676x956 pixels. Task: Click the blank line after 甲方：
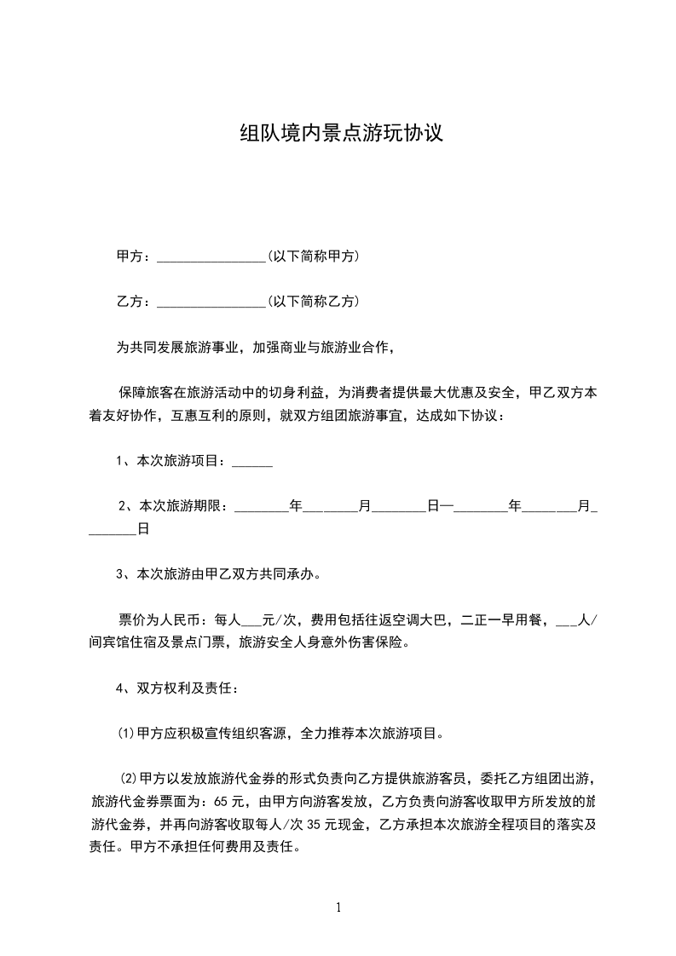coord(212,256)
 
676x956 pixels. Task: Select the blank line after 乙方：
coord(212,302)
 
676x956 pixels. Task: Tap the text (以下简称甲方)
coord(313,256)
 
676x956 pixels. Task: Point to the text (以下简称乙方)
coord(313,301)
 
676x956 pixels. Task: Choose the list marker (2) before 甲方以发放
coord(129,778)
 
